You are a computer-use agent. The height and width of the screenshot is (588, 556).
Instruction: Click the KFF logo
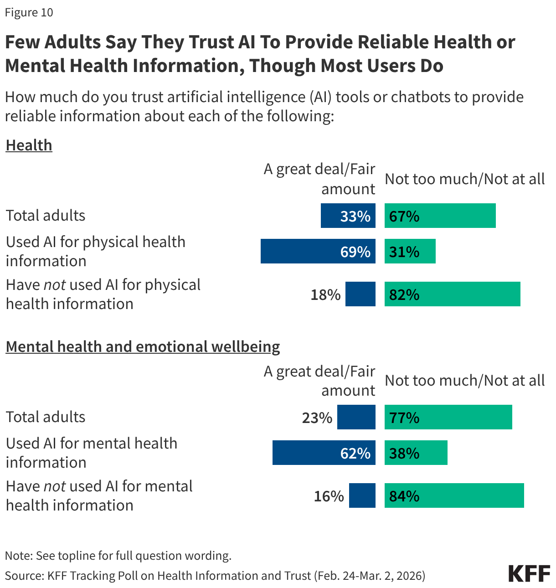click(x=529, y=573)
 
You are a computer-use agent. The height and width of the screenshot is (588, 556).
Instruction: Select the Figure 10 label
click(x=29, y=12)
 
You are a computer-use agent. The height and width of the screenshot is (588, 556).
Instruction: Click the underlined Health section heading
click(x=29, y=145)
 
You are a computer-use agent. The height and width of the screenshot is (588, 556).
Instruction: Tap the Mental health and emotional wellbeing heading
click(x=143, y=347)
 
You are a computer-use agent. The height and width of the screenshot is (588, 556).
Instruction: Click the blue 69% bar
click(x=318, y=251)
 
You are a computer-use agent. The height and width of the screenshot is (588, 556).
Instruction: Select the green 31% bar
click(x=410, y=251)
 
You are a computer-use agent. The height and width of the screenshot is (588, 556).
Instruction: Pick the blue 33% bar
click(x=348, y=216)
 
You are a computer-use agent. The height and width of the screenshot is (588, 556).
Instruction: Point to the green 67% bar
click(x=440, y=216)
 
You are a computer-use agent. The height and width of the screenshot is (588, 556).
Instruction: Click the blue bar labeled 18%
click(x=360, y=294)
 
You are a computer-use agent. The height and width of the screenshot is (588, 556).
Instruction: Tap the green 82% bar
click(x=452, y=294)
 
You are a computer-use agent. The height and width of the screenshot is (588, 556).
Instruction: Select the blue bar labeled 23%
click(x=356, y=417)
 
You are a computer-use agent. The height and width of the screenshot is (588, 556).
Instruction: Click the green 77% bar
click(x=448, y=417)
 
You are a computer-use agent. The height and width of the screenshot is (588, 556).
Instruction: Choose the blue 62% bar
click(x=324, y=453)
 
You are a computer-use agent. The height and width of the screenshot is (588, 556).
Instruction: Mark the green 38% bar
click(x=416, y=453)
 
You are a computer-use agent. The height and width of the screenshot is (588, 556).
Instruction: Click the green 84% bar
click(x=454, y=495)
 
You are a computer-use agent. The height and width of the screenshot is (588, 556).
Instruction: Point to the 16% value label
click(x=329, y=496)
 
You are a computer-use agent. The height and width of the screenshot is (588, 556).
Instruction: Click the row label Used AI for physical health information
click(x=96, y=251)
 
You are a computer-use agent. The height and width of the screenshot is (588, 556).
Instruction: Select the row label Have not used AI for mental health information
click(x=99, y=495)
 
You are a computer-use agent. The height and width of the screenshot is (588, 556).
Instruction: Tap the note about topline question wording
click(x=118, y=556)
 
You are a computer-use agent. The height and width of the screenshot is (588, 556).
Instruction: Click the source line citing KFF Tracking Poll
click(x=215, y=576)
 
